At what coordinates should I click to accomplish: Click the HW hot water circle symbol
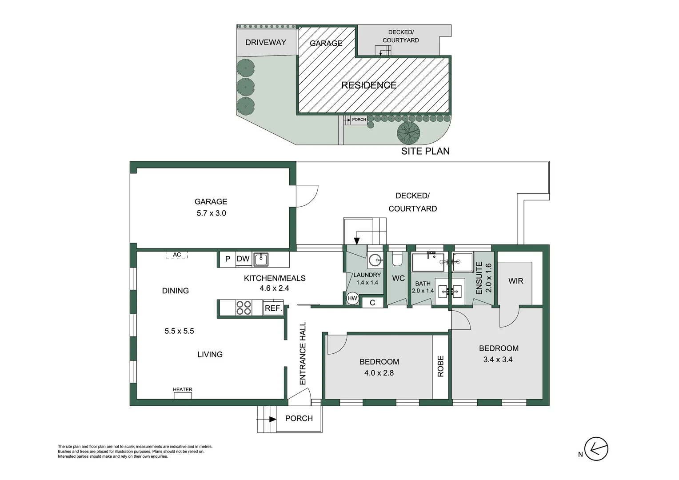(352, 298)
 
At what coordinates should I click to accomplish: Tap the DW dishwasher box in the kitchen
(243, 259)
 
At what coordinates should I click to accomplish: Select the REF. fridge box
(273, 308)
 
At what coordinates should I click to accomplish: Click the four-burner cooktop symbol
(244, 308)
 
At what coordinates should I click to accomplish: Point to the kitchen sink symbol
(261, 259)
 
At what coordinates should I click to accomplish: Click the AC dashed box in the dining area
(177, 255)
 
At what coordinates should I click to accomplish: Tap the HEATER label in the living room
(183, 390)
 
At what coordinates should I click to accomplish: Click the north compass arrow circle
(596, 449)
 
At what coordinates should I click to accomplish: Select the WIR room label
(515, 281)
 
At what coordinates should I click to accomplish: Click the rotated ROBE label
(440, 366)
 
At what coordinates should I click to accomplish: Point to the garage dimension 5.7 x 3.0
(211, 213)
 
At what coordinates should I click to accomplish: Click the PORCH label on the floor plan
(299, 418)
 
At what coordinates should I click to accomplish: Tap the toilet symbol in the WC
(397, 258)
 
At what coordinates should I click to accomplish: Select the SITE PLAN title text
(425, 151)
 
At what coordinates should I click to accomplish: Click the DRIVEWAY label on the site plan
(266, 42)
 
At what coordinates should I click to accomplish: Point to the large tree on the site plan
(408, 132)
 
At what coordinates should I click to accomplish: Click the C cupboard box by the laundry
(372, 303)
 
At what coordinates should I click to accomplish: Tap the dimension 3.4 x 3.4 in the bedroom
(498, 360)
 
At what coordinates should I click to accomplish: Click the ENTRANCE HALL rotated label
(303, 353)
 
